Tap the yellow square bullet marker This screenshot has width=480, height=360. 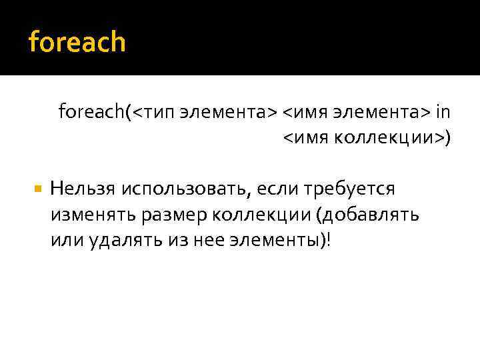coord(37,189)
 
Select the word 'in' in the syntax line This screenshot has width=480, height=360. coord(443,111)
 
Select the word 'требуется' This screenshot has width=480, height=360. coord(350,190)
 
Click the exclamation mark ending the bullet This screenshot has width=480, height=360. coord(328,240)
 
